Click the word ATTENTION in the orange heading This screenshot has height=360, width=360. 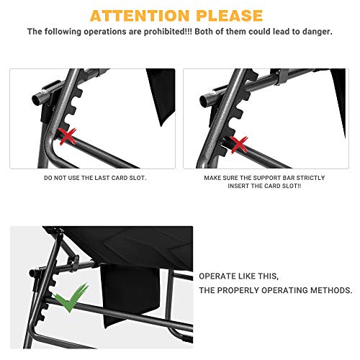pos(140,16)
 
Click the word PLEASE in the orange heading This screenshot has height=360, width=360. pos(230,16)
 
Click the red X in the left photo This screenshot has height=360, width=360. pos(68,137)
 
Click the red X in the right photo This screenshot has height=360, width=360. pos(239,145)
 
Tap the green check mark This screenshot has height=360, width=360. pos(71,297)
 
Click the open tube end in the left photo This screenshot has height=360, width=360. pos(36,99)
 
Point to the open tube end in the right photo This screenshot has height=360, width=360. pos(204,99)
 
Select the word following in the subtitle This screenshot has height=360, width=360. pos(63,32)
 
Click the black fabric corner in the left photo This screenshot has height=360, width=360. pos(161,96)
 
